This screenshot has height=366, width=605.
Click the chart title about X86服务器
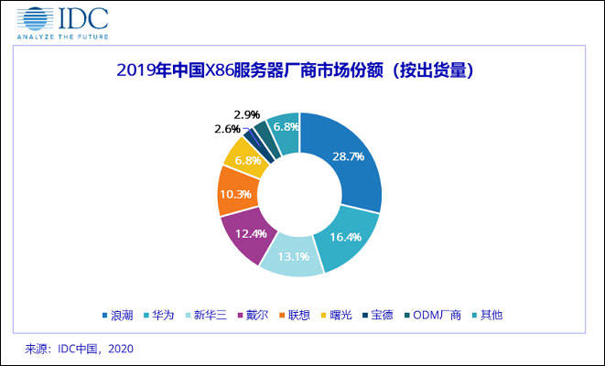[x=299, y=70]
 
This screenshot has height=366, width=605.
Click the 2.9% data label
[x=247, y=114]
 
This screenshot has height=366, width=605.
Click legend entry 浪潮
[x=115, y=315]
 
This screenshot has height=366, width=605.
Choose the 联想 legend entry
[x=319, y=315]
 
